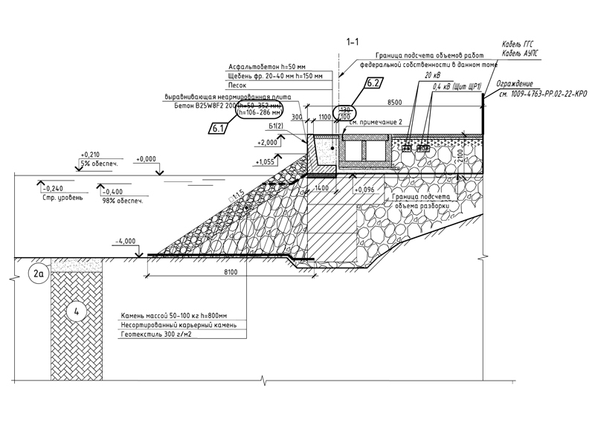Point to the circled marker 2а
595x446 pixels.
coord(39,274)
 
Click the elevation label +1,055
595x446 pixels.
coord(266,161)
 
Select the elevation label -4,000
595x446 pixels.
coord(128,241)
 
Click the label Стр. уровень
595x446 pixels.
coord(60,198)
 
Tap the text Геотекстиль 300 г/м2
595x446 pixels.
coord(152,335)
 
